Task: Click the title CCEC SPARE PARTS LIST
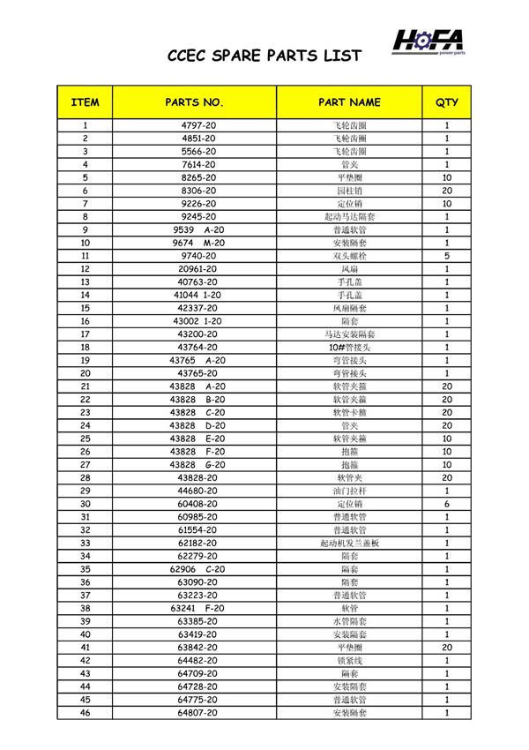[264, 56]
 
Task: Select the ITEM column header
[85, 102]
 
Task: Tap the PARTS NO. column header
[195, 102]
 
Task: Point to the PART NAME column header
[349, 102]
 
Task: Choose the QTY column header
[447, 102]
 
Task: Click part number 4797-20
[198, 125]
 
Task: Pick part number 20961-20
[198, 268]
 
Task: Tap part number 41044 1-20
[198, 295]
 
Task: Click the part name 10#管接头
[349, 347]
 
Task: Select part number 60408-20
[198, 504]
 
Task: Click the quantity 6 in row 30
[447, 504]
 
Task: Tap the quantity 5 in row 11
[447, 256]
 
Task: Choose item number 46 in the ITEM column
[85, 712]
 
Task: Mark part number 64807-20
[198, 712]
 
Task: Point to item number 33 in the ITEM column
[85, 543]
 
